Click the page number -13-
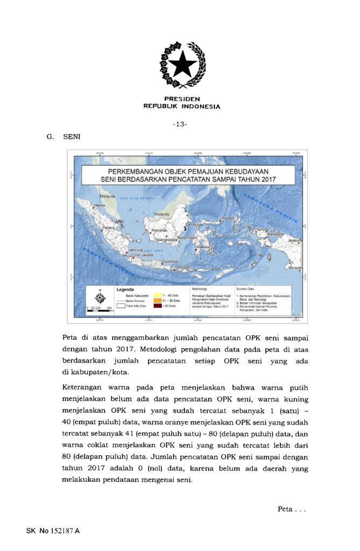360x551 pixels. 180,124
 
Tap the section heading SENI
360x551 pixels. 72,137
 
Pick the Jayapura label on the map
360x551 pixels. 295,240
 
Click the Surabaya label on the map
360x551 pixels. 171,260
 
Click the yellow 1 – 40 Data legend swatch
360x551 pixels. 158,295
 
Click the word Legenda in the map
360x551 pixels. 125,289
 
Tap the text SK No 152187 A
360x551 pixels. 53,531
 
